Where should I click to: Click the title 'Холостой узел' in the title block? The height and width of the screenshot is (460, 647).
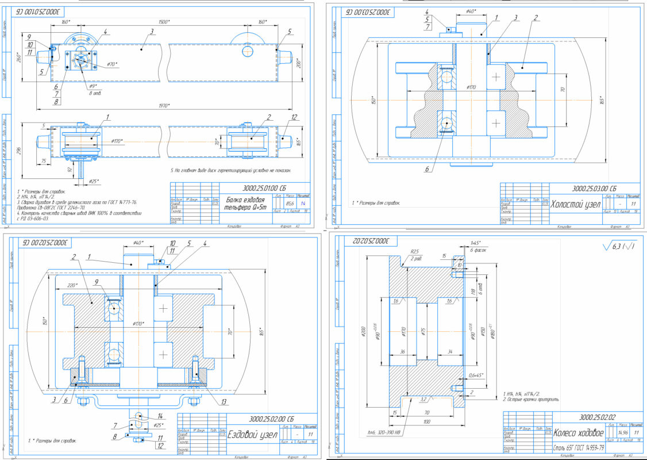[576, 204]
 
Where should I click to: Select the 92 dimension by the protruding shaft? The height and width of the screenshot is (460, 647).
[70, 170]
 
